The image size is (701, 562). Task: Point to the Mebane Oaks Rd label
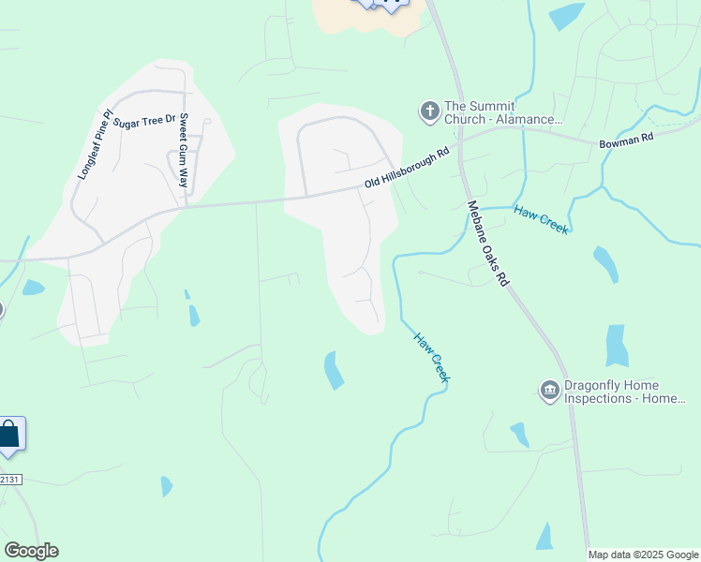point(487,243)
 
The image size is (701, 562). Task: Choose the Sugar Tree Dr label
point(144,122)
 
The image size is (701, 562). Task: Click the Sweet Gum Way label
point(183,150)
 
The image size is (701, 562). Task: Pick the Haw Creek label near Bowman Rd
point(542,219)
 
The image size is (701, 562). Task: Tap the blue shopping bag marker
point(9,436)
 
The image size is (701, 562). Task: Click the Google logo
point(31,551)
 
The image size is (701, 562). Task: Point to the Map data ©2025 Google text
point(644,555)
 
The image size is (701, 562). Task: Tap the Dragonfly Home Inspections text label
point(625,392)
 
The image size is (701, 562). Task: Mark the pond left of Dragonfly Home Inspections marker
point(519,435)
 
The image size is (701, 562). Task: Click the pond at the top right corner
point(565,16)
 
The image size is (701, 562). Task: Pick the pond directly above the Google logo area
point(166,486)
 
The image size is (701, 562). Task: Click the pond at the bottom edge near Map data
point(544,537)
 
